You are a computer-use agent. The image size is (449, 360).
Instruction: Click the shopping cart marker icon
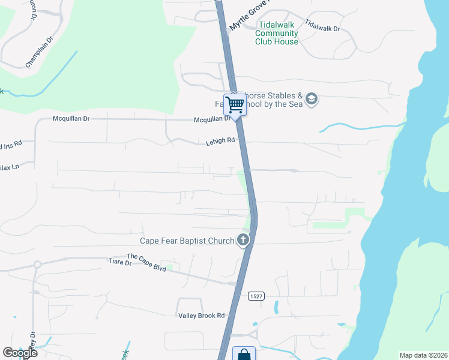coord(235,104)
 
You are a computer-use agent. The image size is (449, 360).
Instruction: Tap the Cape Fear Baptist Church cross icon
coord(243,241)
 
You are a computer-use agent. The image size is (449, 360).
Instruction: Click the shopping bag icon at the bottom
coord(244,354)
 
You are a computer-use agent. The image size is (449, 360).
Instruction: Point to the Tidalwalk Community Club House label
coord(277,33)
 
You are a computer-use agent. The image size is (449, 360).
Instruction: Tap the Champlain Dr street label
coord(40,55)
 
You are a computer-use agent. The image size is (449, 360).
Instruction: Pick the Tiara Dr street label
coord(120,262)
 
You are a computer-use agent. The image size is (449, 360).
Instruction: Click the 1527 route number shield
coord(258,296)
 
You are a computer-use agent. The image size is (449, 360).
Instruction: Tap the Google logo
coord(20,353)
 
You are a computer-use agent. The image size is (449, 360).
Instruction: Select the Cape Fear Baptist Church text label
coord(187,241)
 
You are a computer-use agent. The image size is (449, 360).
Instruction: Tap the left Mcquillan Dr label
coord(71,119)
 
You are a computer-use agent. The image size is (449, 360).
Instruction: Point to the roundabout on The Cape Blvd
coord(37,264)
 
